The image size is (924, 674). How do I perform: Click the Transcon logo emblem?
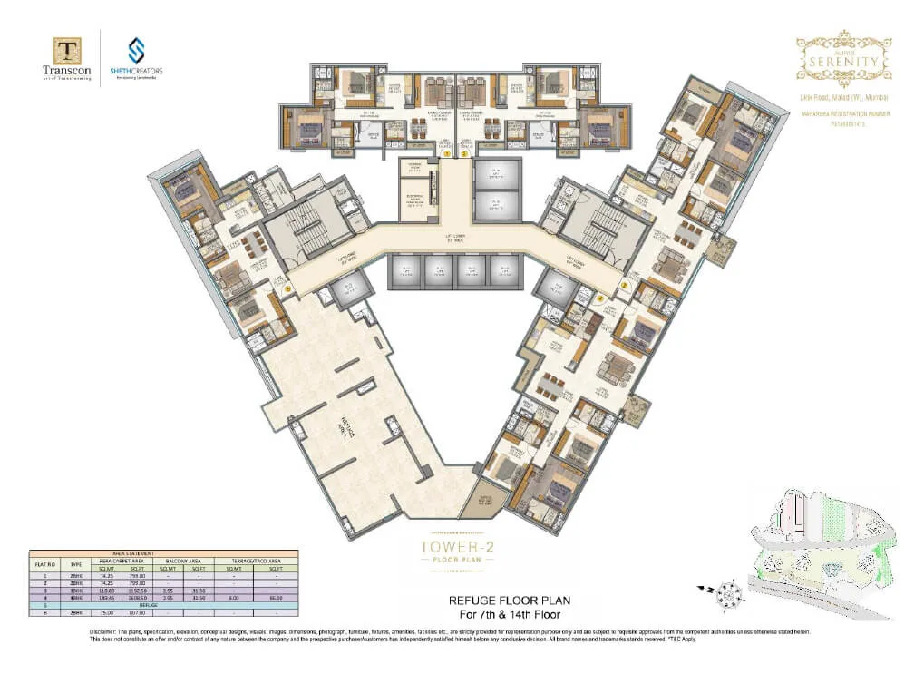coord(66,51)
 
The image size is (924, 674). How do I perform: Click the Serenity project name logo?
coord(842,58)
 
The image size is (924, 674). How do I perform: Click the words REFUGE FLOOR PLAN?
coord(510,601)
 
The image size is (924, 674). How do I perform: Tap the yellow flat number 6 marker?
coord(287,290)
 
